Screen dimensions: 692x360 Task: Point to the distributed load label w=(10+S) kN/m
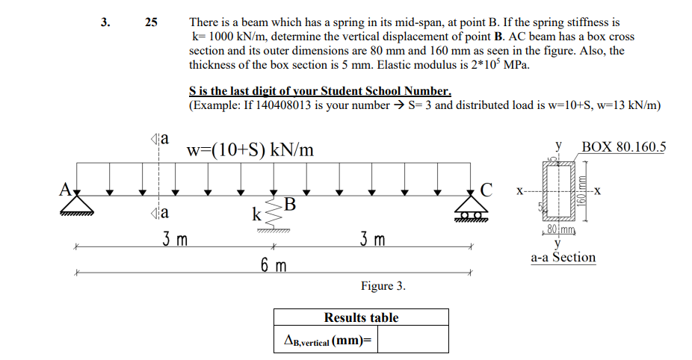pos(250,150)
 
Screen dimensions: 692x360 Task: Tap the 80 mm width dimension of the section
pos(560,229)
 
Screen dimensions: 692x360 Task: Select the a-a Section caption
pos(563,258)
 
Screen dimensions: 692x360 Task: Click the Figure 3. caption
pos(383,286)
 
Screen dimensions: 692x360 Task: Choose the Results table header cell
pos(361,317)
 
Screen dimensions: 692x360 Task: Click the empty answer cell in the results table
pos(413,341)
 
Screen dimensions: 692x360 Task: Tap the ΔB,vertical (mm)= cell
pos(327,341)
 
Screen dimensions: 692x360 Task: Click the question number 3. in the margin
pos(106,22)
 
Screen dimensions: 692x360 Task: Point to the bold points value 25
pos(151,22)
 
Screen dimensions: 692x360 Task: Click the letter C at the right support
pos(486,189)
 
